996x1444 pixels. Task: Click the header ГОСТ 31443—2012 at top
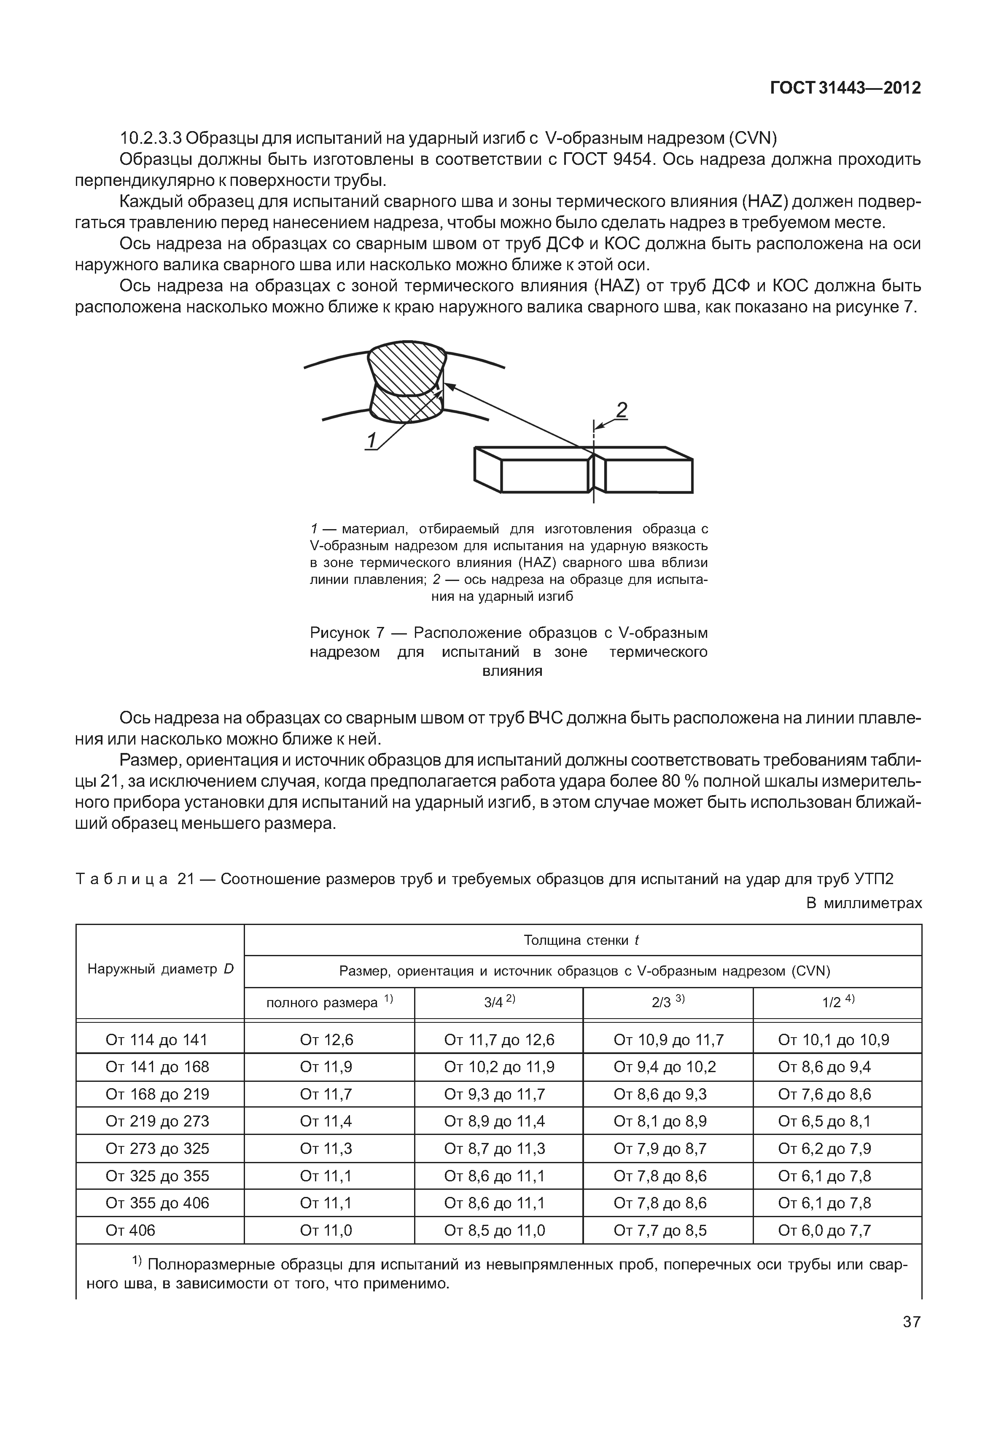845,88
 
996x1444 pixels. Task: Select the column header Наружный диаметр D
160,968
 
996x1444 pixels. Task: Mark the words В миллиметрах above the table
864,903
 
